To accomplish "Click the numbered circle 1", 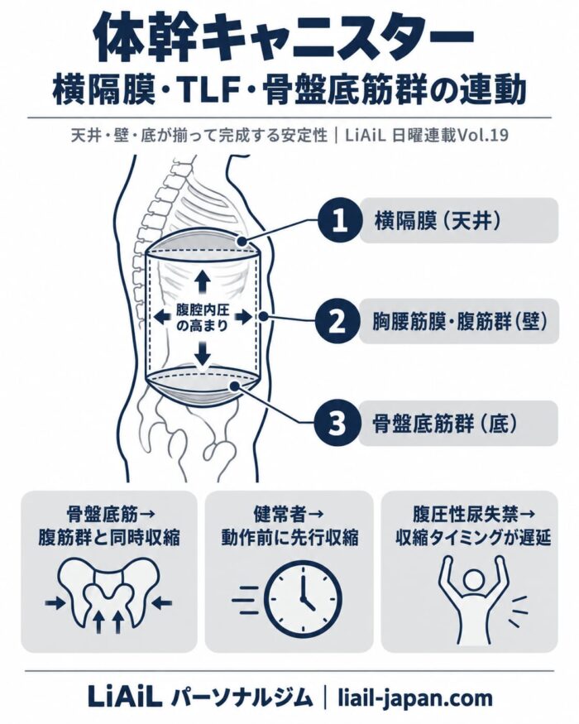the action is [340, 221].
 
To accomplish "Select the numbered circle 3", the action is [336, 423].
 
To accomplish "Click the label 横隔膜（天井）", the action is [438, 221].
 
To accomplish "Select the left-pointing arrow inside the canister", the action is [162, 317].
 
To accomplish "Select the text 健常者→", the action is [289, 513].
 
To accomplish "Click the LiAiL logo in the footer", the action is [125, 697].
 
